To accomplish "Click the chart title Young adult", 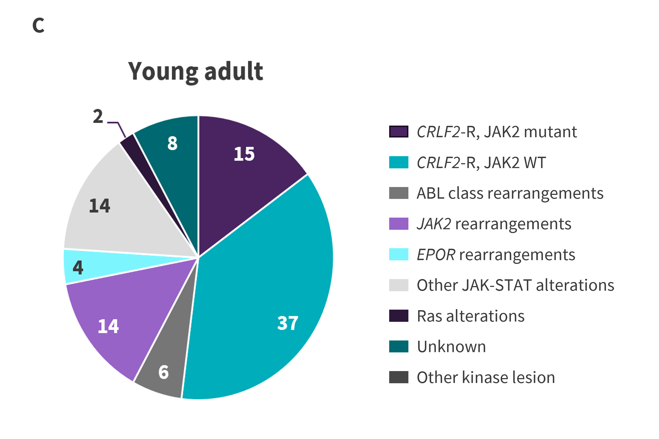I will click(195, 72).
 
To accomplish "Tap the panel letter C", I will click(38, 25).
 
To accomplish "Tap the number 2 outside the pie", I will click(98, 116).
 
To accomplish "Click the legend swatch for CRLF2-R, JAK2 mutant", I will click(398, 132).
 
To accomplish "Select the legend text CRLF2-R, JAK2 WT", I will click(481, 163).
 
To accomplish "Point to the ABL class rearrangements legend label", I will click(510, 193).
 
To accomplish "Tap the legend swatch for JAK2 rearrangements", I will click(398, 224).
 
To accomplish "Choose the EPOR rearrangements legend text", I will click(496, 255).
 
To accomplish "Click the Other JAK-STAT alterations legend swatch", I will click(398, 285).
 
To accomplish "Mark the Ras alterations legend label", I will click(470, 316).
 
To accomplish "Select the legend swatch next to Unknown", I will click(398, 346).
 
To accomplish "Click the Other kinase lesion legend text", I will click(486, 377).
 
